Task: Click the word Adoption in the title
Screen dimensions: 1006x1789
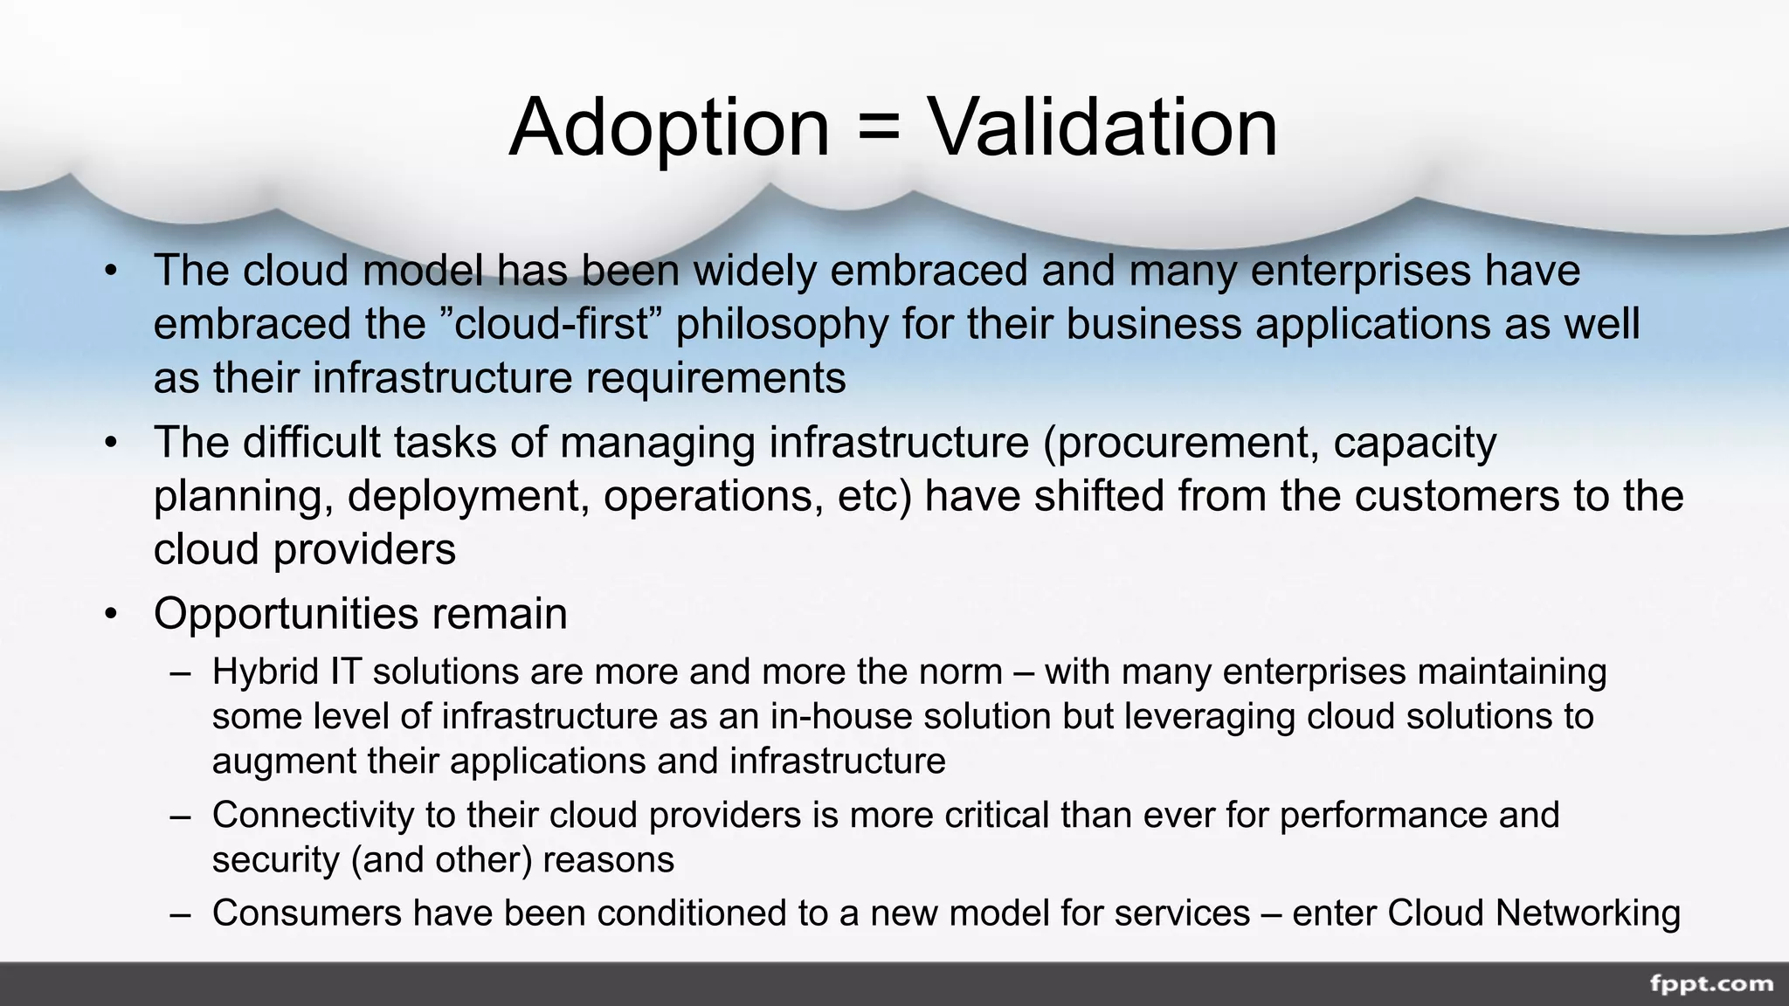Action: (668, 128)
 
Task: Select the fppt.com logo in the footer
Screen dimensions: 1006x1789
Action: (1711, 984)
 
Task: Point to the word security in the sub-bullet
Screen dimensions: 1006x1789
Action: (276, 860)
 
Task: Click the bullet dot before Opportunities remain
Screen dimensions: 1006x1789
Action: (110, 614)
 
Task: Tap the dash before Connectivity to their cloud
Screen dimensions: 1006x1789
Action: (180, 816)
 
